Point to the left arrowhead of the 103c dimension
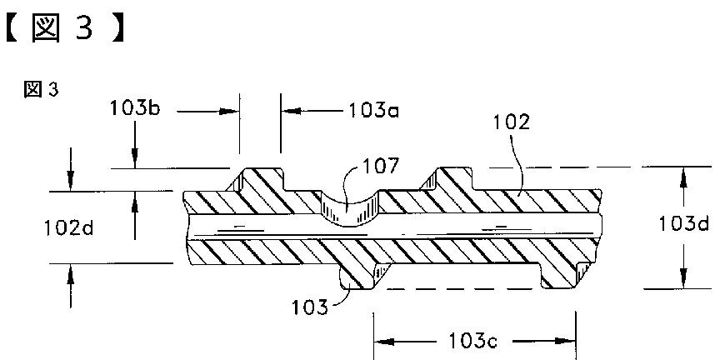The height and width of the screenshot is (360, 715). click(380, 341)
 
